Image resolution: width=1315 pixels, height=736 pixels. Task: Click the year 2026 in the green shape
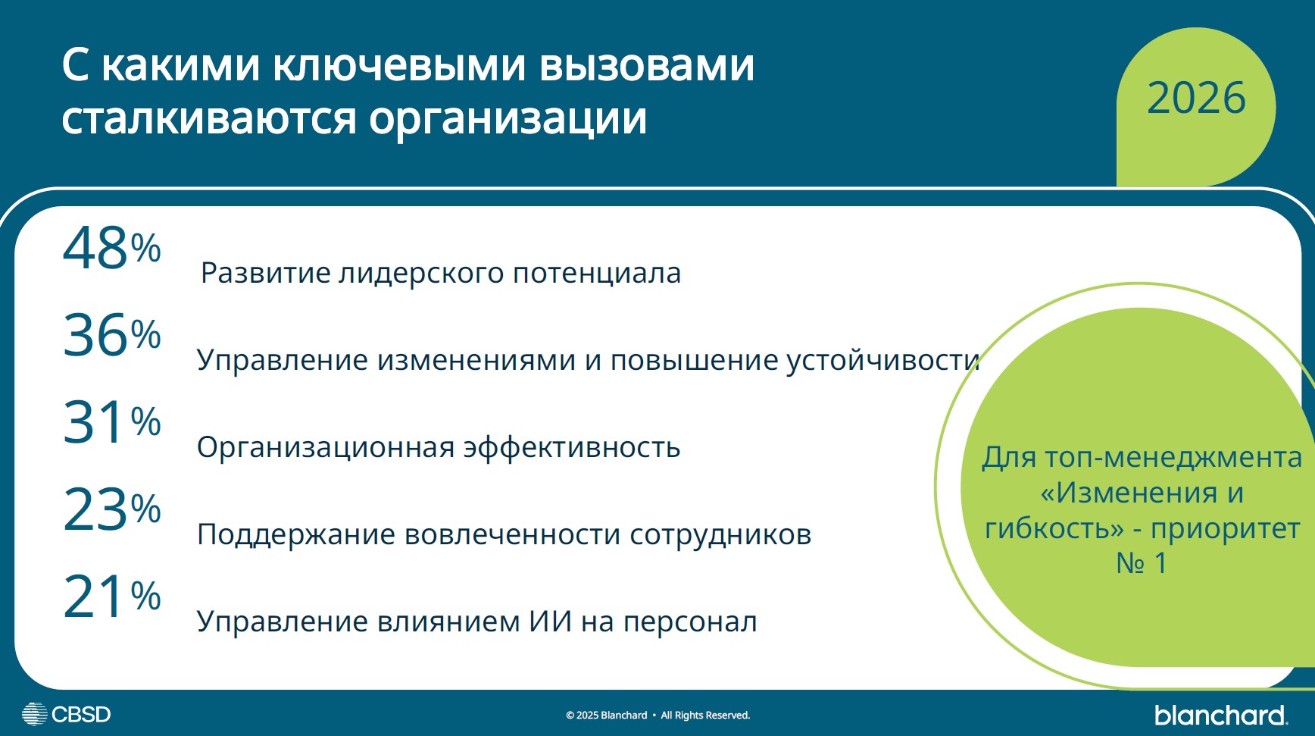coord(1195,99)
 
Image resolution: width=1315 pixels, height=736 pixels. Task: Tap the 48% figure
coord(111,249)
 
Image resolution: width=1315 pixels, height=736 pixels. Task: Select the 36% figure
coord(111,335)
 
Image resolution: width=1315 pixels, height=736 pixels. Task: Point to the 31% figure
coord(111,422)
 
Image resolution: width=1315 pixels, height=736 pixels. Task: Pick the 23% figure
coord(111,509)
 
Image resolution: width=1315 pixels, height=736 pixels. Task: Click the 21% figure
coord(111,597)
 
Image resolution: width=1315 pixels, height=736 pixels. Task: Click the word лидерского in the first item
coord(420,274)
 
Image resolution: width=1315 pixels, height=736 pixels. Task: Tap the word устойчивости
coord(882,361)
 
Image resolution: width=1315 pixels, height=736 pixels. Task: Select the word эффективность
coord(571,448)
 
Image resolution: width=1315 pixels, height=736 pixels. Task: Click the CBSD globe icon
coord(34,714)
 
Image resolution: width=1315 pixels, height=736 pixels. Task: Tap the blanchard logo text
coord(1220,715)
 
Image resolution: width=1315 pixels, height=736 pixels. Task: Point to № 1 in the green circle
coord(1141,563)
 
